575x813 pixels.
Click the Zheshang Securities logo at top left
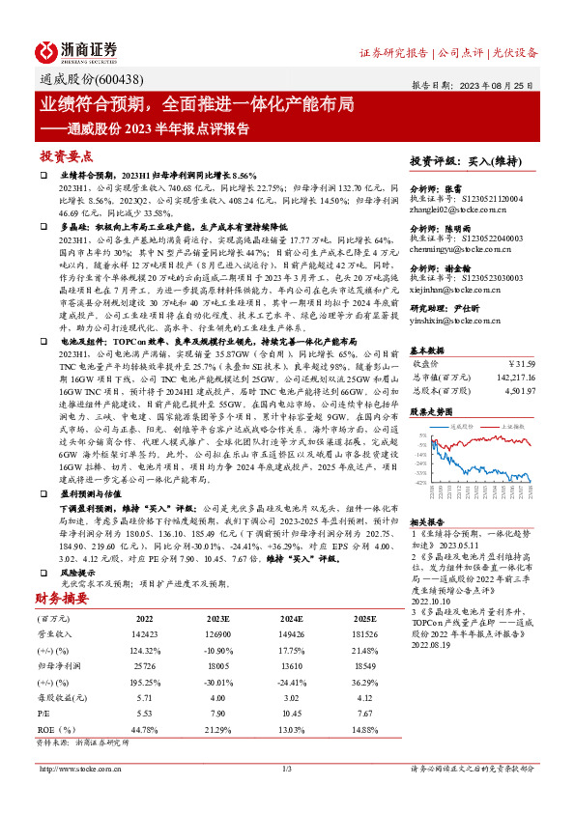[77, 49]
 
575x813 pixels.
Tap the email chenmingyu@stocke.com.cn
[462, 248]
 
